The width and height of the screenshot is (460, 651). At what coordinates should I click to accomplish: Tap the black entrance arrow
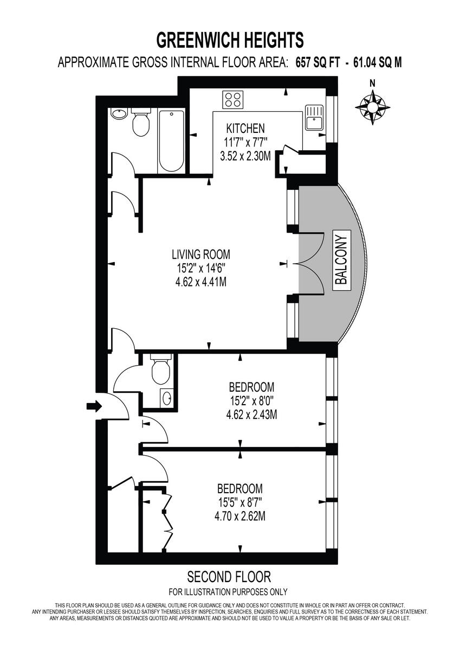[x=94, y=406]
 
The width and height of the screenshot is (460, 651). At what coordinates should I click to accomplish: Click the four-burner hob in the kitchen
[x=234, y=99]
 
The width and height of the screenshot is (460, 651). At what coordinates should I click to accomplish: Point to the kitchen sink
[x=314, y=117]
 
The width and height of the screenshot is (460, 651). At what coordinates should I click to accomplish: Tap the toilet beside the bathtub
[x=141, y=124]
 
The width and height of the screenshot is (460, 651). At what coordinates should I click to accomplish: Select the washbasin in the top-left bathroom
[x=119, y=113]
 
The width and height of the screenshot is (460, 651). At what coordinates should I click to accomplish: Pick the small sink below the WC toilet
[x=166, y=398]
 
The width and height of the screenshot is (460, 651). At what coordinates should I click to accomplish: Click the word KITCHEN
[x=245, y=129]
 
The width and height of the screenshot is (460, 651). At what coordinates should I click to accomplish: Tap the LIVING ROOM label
[x=200, y=254]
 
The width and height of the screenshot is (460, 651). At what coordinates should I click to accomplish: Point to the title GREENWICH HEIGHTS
[x=230, y=40]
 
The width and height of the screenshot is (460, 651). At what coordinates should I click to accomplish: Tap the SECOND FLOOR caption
[x=229, y=576]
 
